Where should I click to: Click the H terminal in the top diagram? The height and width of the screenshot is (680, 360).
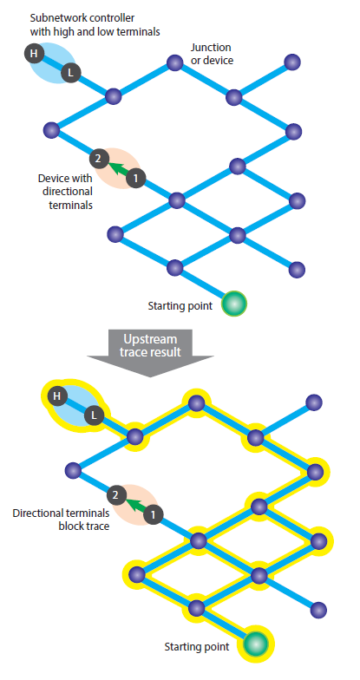(34, 54)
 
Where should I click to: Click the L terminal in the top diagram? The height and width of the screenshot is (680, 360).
(70, 73)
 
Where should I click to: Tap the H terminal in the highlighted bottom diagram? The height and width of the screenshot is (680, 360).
(56, 396)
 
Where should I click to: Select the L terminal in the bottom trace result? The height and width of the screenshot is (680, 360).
(94, 416)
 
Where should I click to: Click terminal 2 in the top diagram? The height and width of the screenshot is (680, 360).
(98, 159)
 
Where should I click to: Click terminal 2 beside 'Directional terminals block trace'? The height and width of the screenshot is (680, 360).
(116, 495)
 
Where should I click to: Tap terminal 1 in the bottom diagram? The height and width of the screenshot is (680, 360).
(153, 515)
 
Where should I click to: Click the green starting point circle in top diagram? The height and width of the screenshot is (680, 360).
(234, 304)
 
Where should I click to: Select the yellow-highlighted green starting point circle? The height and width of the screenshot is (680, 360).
(256, 644)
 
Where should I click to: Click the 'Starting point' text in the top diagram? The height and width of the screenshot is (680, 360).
(180, 305)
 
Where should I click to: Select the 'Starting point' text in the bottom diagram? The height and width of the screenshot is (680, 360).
(196, 647)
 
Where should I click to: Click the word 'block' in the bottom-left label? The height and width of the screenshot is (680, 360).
(71, 526)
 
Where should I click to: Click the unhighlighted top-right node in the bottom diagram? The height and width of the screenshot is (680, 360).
(314, 402)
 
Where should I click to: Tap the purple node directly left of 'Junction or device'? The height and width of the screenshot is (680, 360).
(175, 62)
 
